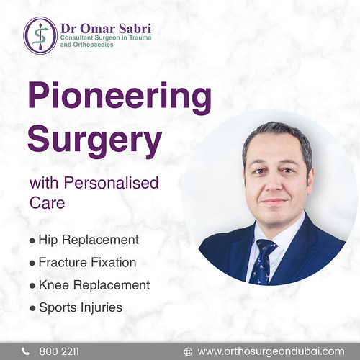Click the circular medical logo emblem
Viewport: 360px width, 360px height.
[x=41, y=35]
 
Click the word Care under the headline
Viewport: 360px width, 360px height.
[x=47, y=204]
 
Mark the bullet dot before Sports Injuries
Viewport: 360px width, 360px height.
[x=32, y=308]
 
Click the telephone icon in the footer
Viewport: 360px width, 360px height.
[x=26, y=351]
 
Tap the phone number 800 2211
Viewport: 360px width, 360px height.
[x=60, y=351]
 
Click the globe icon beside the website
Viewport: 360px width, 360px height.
[x=189, y=351]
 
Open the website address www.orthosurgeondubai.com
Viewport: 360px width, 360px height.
[x=271, y=351]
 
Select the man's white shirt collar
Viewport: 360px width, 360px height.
[x=277, y=241]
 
